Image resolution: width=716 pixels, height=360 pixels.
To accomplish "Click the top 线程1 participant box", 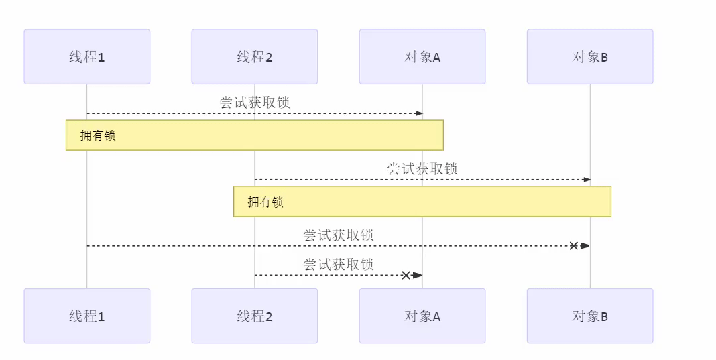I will (86, 57).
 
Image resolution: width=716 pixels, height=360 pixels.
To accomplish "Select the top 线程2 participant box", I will (254, 57).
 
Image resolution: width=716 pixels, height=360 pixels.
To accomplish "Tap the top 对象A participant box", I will (422, 57).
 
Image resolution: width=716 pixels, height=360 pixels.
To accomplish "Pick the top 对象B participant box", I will (590, 57).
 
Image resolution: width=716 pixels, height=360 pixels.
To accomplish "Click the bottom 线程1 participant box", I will (86, 316).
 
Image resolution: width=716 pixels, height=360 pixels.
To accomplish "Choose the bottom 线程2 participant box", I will (254, 316).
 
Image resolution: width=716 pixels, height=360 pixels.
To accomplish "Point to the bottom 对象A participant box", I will (422, 316).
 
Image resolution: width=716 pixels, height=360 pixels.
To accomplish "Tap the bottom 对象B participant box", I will (590, 316).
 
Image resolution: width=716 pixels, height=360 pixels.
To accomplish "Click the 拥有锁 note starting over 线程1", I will (255, 135).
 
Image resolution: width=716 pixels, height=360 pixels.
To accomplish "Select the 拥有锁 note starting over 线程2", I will (422, 201).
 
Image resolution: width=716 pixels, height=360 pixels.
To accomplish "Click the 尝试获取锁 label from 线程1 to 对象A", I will (255, 103).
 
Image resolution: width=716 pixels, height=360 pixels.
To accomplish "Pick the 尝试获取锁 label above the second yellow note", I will (422, 168).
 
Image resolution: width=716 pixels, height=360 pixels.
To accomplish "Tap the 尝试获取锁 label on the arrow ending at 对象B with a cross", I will (339, 235).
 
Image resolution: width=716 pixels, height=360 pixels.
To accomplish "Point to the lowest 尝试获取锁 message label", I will (339, 264).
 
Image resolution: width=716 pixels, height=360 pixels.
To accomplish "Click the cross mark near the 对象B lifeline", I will (574, 246).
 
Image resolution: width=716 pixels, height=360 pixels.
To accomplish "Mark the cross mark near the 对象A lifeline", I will (406, 275).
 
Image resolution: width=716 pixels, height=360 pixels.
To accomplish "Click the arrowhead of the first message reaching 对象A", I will (419, 113).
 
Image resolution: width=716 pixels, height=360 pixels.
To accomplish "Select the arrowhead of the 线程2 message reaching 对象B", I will (587, 180).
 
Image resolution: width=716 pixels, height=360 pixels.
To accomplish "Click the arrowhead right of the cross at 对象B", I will (585, 246).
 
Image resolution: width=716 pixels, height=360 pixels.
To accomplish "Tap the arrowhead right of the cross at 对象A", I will (417, 275).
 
